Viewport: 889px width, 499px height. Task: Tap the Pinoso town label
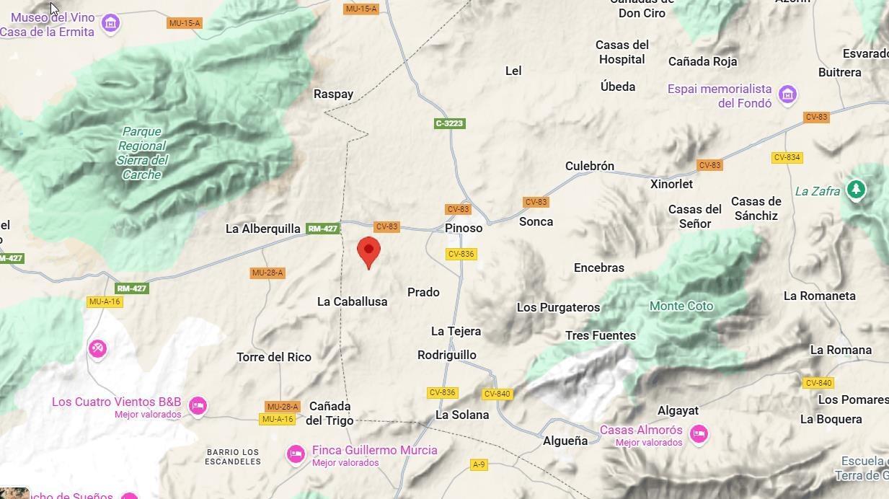(x=464, y=228)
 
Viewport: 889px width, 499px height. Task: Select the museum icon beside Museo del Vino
(x=110, y=24)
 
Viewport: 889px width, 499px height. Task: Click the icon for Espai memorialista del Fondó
(x=787, y=95)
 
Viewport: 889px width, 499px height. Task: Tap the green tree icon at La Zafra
(x=856, y=190)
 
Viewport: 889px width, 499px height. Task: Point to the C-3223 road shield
(x=450, y=123)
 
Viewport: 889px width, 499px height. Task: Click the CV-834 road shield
(x=787, y=157)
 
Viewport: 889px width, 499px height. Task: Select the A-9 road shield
(x=479, y=464)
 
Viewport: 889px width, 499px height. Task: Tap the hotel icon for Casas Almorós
(x=698, y=434)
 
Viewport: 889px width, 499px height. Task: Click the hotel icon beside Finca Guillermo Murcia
(x=296, y=454)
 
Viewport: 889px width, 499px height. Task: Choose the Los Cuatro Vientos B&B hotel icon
(x=198, y=406)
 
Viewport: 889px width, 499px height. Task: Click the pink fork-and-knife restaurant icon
(x=97, y=349)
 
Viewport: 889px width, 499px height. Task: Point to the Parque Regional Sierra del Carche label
(x=142, y=153)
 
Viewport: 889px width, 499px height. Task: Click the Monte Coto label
(x=681, y=306)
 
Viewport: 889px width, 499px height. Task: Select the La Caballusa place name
(x=352, y=301)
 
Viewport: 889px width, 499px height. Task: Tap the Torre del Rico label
(x=274, y=357)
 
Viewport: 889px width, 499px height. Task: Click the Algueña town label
(x=565, y=441)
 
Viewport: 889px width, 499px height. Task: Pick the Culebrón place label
(x=590, y=166)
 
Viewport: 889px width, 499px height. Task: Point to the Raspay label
(x=333, y=94)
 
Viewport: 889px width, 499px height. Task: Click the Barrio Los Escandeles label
(x=233, y=456)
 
